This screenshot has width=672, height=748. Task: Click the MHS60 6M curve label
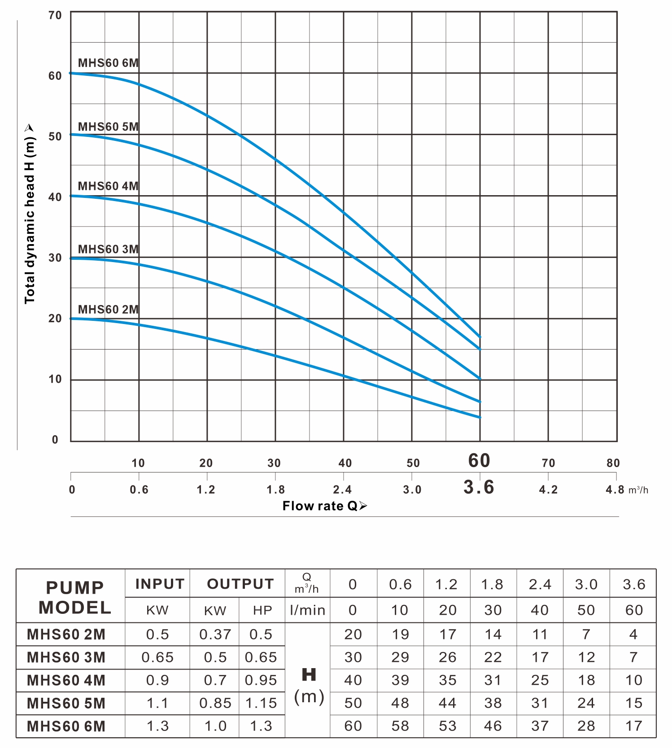(108, 63)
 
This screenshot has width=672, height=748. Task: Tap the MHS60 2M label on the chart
(108, 309)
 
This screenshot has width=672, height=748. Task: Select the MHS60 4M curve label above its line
(108, 186)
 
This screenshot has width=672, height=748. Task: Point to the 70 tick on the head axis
(55, 15)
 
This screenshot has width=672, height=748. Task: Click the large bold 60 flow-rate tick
(479, 461)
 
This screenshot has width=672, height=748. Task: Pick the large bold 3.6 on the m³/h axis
(479, 487)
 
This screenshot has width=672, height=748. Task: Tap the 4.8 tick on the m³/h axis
(615, 490)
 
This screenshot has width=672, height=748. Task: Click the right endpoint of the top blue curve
(480, 337)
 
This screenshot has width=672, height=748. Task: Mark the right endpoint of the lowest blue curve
(480, 417)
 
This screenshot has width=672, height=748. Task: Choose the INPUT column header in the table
(160, 584)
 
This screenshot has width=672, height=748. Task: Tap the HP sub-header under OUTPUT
(262, 610)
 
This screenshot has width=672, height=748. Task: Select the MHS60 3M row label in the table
(66, 657)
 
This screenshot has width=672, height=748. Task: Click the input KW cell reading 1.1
(157, 703)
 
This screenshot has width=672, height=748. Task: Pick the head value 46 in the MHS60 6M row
(493, 726)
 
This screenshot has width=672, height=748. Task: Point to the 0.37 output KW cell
(215, 634)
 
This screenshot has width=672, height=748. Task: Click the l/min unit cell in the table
(308, 610)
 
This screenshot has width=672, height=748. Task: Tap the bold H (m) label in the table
(309, 685)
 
